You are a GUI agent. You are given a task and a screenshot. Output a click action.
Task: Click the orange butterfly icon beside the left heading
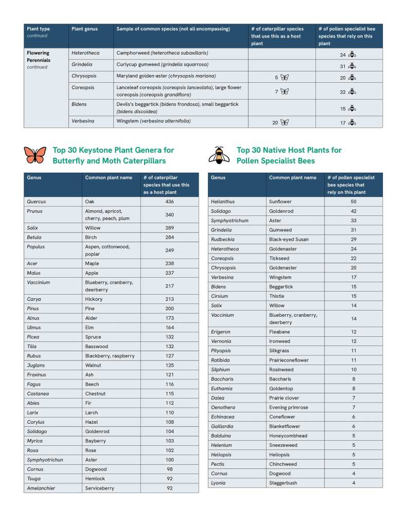point(35,155)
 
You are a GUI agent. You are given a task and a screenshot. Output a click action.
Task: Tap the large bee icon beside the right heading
point(219,155)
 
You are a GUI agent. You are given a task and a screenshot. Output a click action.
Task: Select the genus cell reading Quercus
point(35,202)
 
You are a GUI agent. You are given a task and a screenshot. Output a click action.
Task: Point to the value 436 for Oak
point(169,202)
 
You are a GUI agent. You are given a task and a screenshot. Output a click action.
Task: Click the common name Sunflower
point(281,202)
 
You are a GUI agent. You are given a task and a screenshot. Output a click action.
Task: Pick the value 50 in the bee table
point(353,202)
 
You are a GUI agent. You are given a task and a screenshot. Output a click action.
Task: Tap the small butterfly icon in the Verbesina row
point(285,122)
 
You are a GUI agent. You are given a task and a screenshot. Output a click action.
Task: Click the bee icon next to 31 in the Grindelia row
point(352,66)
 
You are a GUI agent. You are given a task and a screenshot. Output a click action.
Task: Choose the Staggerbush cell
point(283,483)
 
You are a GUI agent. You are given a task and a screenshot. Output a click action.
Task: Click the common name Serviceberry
point(100,488)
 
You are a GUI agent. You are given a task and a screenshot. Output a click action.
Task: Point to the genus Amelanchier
point(41,488)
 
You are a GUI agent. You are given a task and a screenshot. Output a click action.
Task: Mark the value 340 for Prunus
point(169,215)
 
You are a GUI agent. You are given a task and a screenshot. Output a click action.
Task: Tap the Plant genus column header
point(84,29)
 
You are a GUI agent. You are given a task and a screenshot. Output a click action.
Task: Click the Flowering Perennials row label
point(38,56)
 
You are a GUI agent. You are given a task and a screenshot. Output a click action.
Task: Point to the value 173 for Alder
point(169,318)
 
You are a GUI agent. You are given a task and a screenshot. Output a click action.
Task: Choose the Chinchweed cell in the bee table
point(283,464)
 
